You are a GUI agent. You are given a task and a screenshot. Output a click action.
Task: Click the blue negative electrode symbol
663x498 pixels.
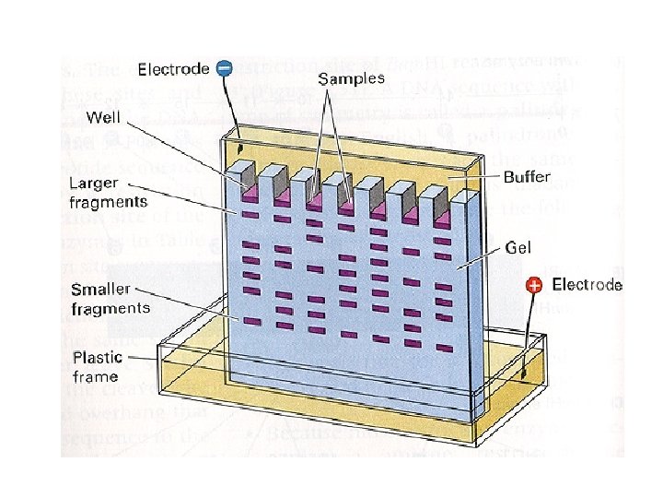point(224,67)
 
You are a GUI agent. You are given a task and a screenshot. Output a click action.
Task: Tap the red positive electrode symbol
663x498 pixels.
point(533,286)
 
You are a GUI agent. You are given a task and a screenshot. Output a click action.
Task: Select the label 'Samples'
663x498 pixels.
point(352,79)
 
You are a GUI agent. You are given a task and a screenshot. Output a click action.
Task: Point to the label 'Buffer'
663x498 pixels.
point(528,175)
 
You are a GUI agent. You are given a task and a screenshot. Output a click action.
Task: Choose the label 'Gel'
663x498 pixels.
point(516,248)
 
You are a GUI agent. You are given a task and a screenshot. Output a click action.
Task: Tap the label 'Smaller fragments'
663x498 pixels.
point(111,298)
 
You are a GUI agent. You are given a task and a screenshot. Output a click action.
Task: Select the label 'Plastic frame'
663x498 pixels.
point(95,366)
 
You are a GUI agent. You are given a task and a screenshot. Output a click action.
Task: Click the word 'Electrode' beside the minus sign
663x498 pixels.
point(174,68)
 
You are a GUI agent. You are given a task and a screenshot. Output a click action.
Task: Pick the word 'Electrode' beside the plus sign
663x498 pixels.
point(587,285)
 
